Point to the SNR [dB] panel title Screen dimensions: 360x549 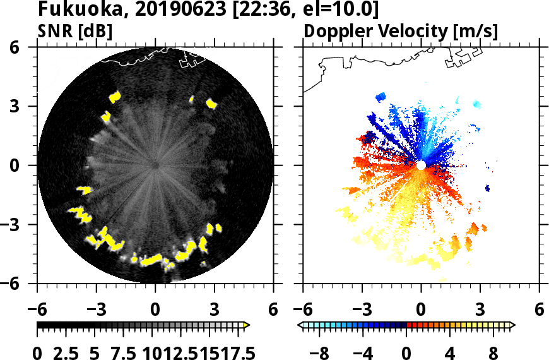(75, 31)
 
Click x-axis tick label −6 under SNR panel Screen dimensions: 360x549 (37, 310)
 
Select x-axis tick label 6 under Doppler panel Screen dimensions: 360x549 (538, 310)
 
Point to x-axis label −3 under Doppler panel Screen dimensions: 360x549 (362, 310)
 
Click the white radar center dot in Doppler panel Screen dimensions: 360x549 (421, 165)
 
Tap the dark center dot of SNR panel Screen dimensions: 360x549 (155, 165)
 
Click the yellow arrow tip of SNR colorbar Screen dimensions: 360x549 (247, 325)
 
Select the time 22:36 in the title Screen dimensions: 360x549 (263, 11)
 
